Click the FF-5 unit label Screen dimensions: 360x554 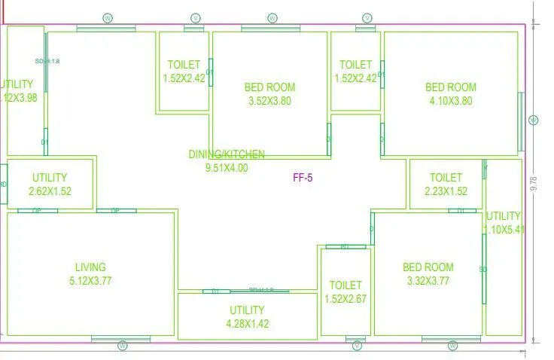[x=303, y=178]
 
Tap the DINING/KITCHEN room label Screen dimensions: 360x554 [x=227, y=154]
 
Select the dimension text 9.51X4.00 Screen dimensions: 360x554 [x=227, y=168]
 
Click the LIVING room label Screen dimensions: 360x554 [x=90, y=267]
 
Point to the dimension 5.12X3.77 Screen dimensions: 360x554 [x=90, y=281]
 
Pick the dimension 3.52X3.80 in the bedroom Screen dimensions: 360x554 [x=269, y=101]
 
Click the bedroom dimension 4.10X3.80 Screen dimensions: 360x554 [x=451, y=101]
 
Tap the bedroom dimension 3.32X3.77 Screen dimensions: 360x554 [x=428, y=281]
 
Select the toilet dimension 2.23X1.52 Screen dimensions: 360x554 [x=446, y=191]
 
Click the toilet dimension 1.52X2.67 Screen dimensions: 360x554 [x=345, y=299]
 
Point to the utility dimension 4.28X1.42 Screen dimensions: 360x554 [x=247, y=324]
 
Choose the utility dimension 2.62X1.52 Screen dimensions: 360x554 [x=50, y=191]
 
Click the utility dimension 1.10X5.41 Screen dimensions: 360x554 [x=504, y=230]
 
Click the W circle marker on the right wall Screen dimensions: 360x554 [x=533, y=121]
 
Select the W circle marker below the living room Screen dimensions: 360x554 [x=123, y=346]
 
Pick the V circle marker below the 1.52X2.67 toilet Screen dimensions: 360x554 [x=358, y=346]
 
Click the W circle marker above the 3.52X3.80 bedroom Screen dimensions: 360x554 [x=271, y=17]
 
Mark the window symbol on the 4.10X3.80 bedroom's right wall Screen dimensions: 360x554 [x=520, y=121]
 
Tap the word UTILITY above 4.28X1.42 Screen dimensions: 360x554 [x=247, y=310]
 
